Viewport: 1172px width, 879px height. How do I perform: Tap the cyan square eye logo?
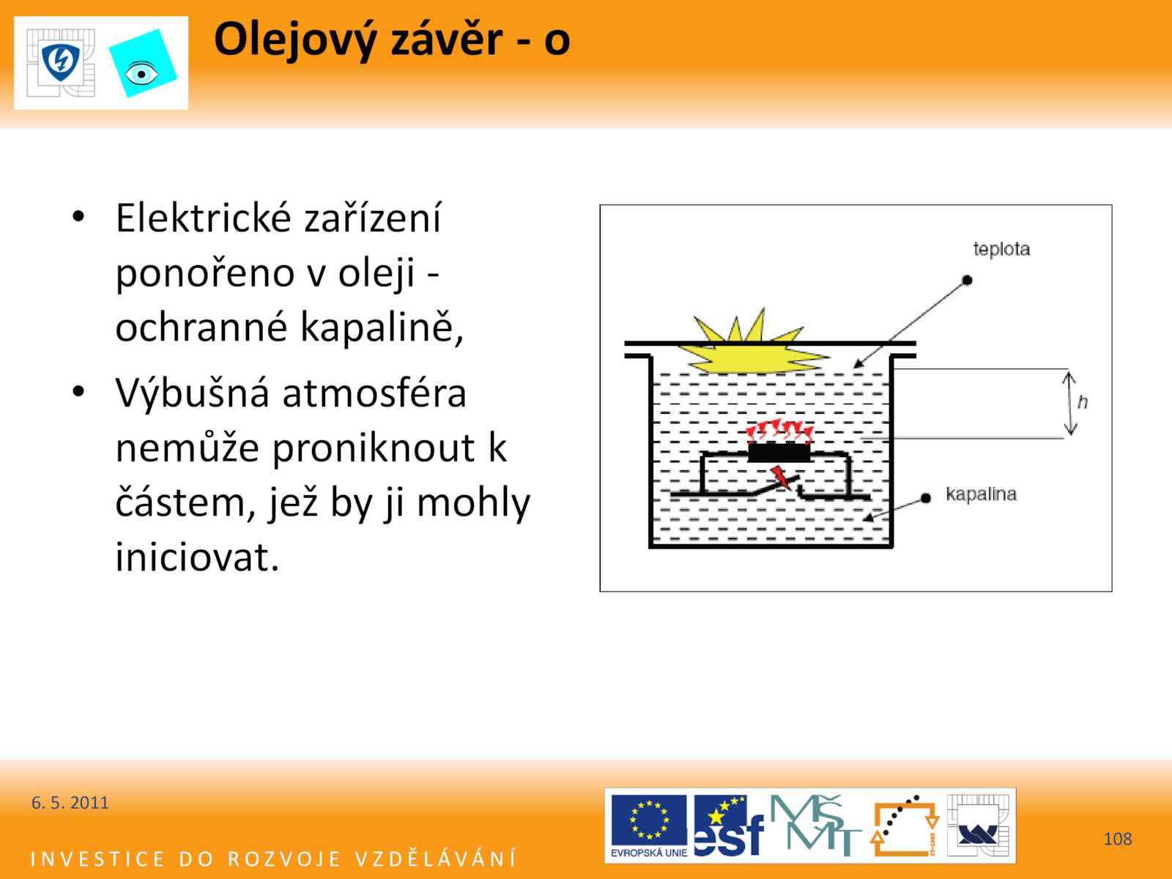pos(143,64)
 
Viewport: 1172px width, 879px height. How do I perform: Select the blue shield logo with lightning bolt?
pos(61,62)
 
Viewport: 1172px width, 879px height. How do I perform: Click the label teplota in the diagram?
pos(1001,249)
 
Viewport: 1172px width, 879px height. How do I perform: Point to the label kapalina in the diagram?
pos(981,494)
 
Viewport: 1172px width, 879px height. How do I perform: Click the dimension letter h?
pos(1083,402)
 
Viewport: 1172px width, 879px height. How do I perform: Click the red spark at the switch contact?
pos(781,477)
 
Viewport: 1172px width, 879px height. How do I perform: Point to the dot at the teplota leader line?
pos(967,281)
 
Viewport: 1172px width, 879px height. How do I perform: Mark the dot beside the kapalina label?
pos(926,498)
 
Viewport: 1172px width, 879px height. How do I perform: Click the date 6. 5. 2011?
pos(70,803)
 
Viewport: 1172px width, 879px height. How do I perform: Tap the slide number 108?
pos(1118,839)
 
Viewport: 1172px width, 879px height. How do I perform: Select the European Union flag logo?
pos(649,826)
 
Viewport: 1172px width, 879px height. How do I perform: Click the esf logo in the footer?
pos(728,826)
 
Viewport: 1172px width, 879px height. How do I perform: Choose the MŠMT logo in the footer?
pos(815,825)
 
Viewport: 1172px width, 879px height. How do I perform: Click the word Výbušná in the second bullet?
pos(192,393)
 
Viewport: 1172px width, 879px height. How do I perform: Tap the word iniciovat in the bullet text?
pos(197,557)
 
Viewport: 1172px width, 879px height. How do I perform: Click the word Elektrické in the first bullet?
pos(204,218)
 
